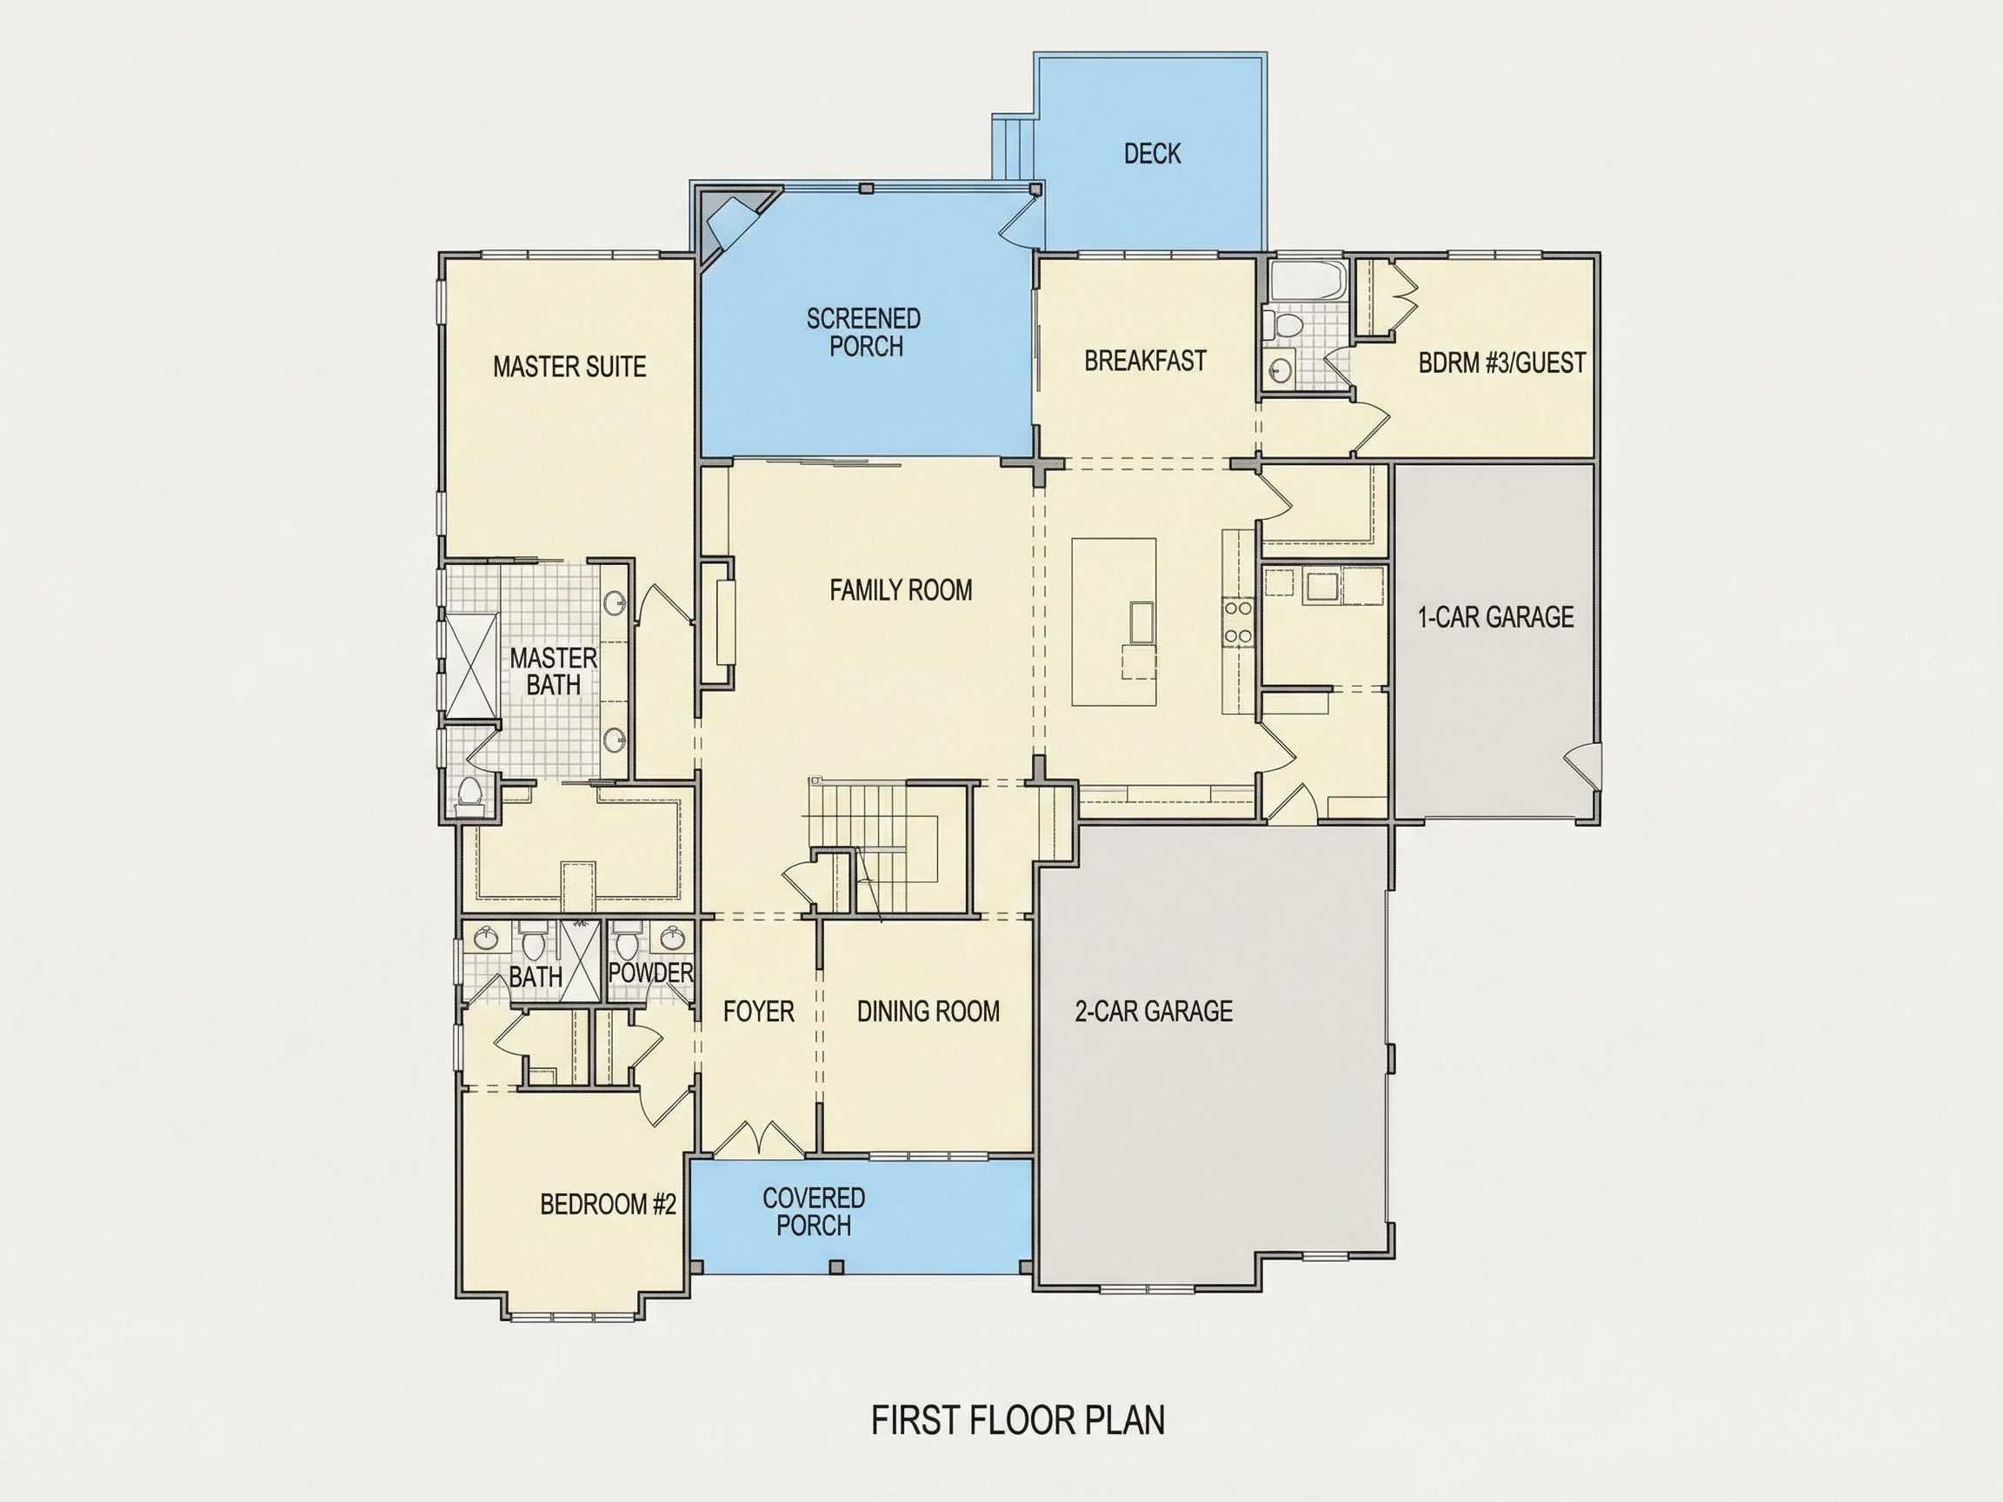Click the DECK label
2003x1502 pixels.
1152,154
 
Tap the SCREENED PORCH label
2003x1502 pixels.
864,332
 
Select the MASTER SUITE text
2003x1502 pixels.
569,367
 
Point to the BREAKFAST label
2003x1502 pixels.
1146,361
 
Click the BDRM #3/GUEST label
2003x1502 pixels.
1502,363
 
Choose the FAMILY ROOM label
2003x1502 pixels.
901,590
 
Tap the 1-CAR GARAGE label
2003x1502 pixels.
1496,617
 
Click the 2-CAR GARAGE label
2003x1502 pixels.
1154,1011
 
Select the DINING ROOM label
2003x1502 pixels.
928,1011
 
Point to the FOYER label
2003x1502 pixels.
759,1011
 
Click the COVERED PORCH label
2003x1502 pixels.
813,1212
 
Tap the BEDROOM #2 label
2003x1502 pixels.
608,1204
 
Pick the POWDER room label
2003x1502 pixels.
650,974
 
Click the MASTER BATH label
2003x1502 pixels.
553,671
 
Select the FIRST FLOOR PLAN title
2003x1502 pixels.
1018,1420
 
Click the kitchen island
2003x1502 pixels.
1115,622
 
